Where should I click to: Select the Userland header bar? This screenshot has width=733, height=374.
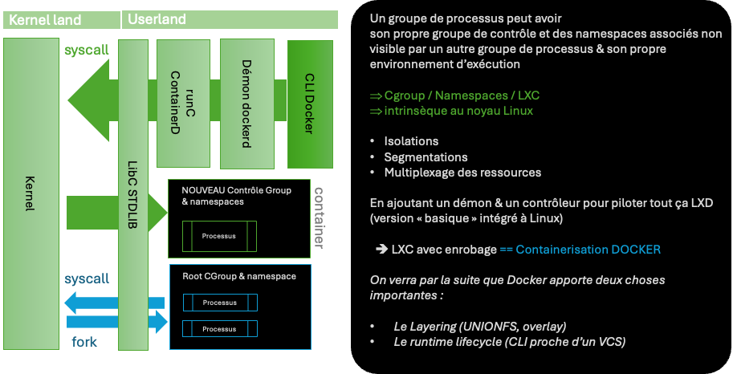pos(230,19)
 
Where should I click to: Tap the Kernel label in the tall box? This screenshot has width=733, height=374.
pos(30,193)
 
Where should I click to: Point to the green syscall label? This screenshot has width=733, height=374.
pos(86,51)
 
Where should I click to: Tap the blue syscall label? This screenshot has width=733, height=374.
pos(86,278)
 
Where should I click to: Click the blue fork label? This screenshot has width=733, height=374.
pos(84,342)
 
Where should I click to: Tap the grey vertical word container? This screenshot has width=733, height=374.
pos(319,217)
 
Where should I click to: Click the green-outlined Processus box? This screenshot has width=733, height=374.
pos(219,236)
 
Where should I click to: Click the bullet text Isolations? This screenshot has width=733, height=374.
pos(411,141)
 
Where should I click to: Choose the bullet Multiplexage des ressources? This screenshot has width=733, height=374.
pos(462,172)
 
